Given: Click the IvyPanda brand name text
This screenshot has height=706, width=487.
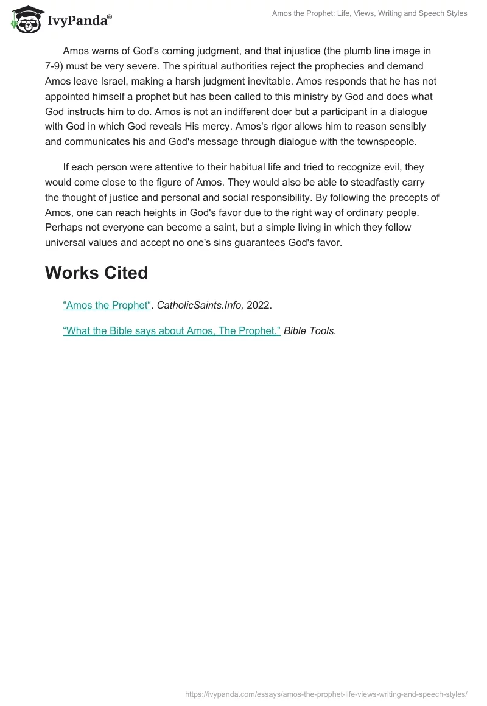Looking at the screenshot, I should click(79, 21).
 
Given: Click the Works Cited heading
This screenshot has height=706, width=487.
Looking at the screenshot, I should click(96, 273).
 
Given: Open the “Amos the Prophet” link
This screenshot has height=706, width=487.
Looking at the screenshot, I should click(107, 306).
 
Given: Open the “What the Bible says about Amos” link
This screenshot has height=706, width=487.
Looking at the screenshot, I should click(172, 330).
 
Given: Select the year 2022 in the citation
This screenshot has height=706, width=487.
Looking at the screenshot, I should click(259, 306).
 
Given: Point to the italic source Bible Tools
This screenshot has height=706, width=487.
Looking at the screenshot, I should click(309, 330).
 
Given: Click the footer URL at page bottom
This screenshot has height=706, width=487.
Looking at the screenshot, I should click(326, 694).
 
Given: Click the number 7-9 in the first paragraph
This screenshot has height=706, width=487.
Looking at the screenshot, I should click(55, 66).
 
